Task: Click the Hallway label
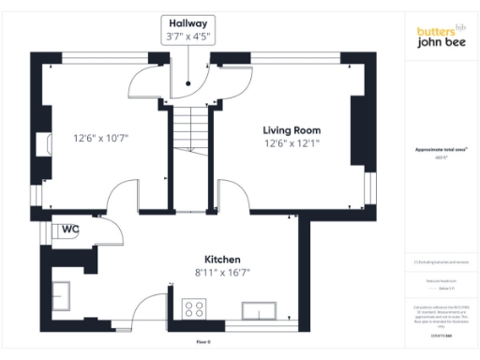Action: [188, 22]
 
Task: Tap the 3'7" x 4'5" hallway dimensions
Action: [188, 37]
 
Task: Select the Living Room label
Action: [292, 130]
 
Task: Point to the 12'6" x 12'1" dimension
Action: [292, 143]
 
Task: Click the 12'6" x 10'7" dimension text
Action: [100, 139]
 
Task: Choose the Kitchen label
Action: [223, 259]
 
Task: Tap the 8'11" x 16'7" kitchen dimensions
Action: [223, 273]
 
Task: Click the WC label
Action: [70, 229]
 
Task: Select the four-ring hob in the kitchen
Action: [196, 308]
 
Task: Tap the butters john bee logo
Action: [441, 37]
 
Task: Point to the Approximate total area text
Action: [441, 150]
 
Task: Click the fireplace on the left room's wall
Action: [43, 144]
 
